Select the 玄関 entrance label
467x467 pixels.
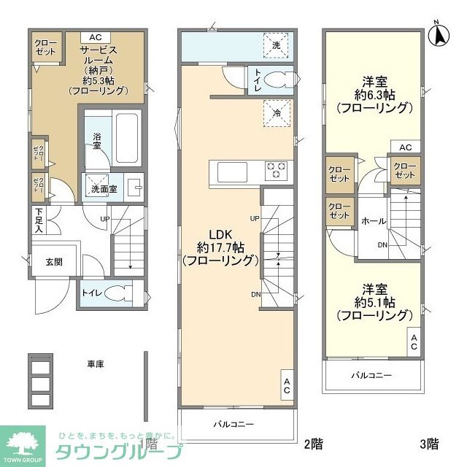(45, 263)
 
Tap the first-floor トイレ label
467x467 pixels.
(92, 293)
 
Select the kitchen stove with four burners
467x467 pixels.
(277, 170)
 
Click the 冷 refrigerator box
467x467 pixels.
(277, 113)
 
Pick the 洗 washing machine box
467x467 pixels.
(276, 45)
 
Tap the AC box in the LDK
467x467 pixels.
(287, 385)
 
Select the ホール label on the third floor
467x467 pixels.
(373, 220)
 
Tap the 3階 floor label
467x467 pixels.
(428, 443)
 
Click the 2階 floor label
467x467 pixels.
(312, 443)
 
